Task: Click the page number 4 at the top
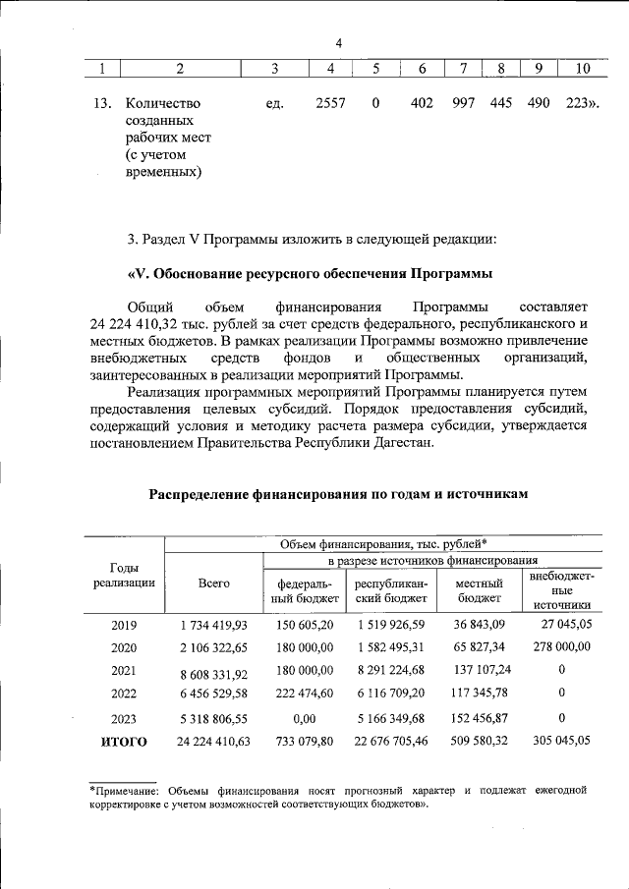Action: (338, 43)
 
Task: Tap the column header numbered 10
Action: (582, 68)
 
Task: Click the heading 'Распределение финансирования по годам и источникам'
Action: (339, 494)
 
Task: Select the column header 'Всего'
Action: (213, 583)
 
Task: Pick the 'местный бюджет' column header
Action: (479, 590)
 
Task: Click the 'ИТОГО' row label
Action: (125, 742)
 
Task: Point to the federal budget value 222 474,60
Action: (305, 694)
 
